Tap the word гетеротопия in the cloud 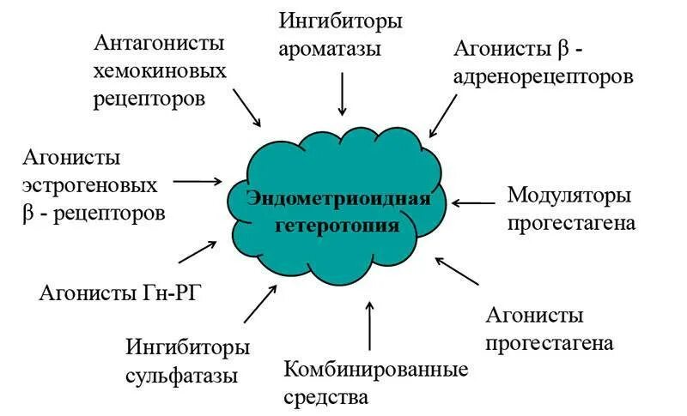coord(337,226)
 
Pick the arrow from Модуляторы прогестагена coord(473,203)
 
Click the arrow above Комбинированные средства coord(369,325)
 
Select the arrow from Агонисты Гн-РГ coord(198,251)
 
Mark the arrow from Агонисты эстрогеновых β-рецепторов coord(197,181)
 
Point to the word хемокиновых coord(161,70)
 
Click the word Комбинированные coord(376,370)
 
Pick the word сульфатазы coord(181,376)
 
